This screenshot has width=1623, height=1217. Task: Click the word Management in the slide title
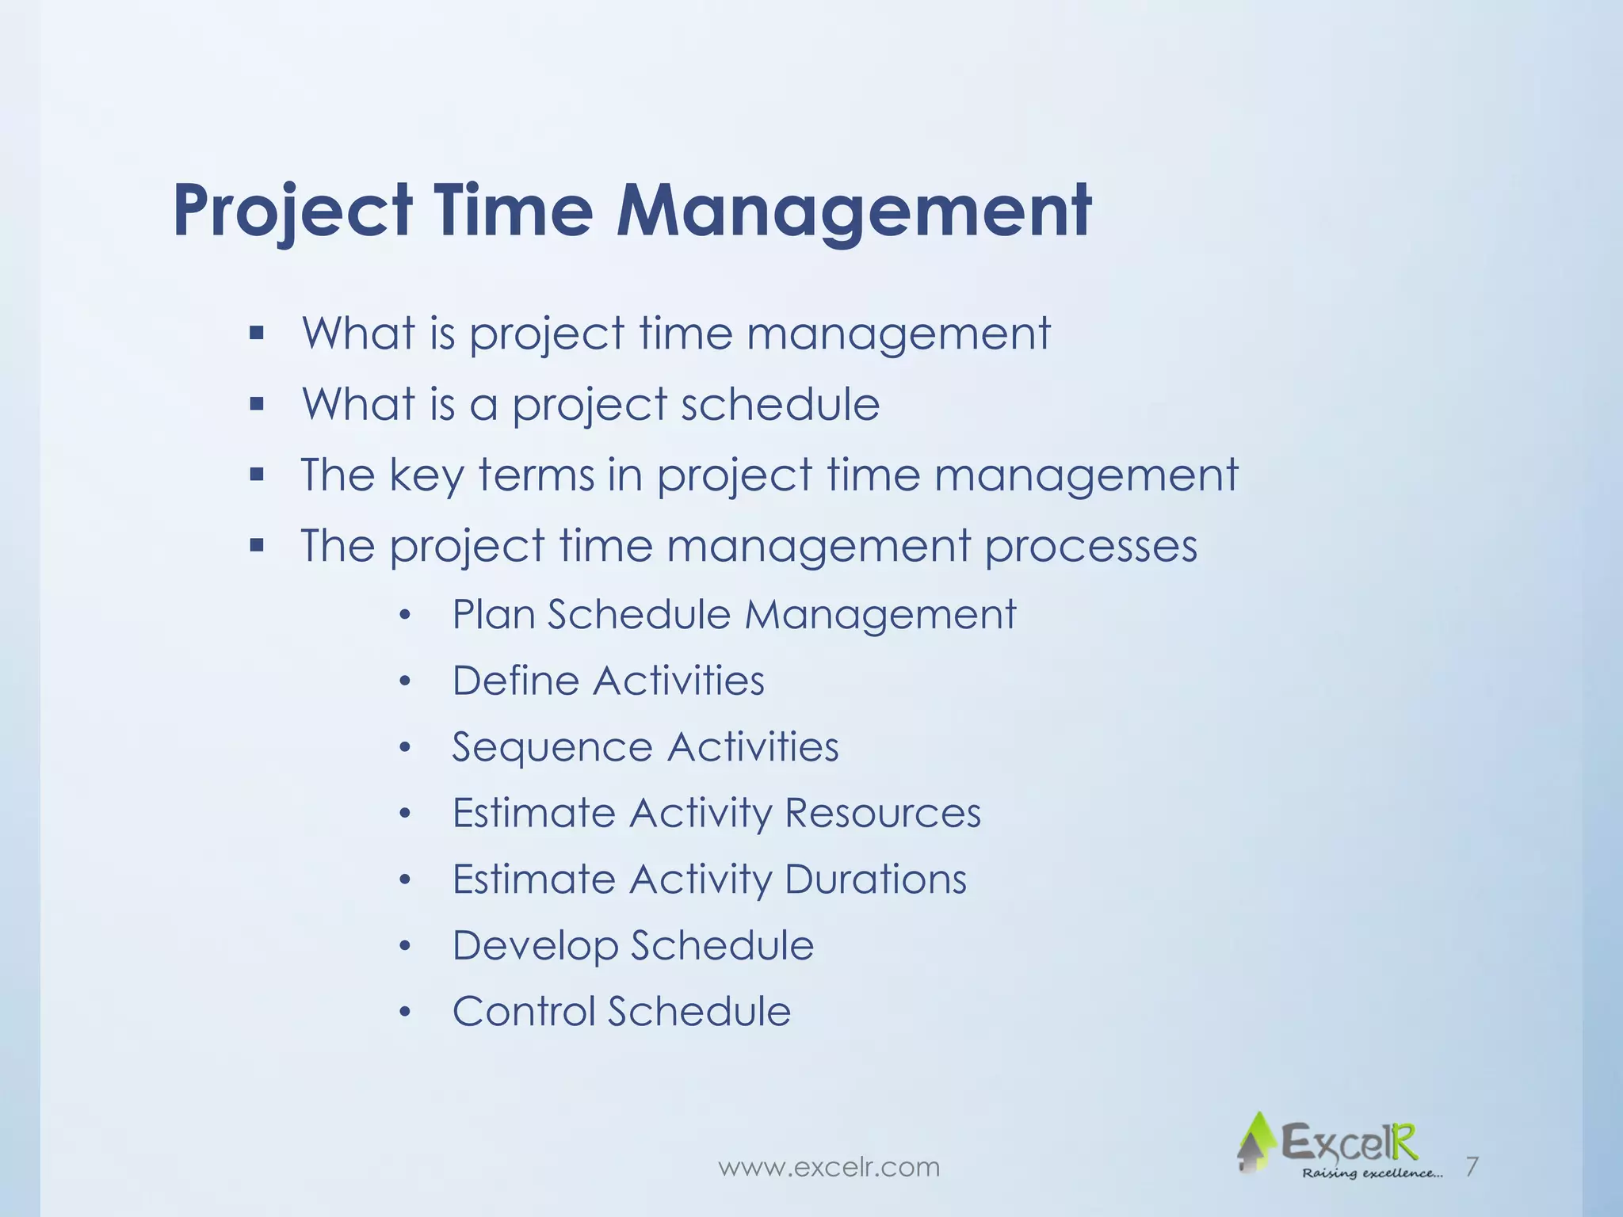click(854, 211)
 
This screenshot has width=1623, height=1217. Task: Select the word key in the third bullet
click(426, 475)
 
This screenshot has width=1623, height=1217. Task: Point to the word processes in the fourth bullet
click(1090, 546)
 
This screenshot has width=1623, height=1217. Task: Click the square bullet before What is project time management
click(256, 333)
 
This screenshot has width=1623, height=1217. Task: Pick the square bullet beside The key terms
click(256, 475)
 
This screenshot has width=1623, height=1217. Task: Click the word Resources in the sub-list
click(883, 813)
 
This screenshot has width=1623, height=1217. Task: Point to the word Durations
click(875, 879)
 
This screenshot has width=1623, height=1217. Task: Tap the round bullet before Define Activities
click(405, 681)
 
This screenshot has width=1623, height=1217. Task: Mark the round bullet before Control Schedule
click(405, 1013)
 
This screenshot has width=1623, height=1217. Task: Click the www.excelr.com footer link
click(828, 1167)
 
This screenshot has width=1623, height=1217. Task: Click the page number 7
click(1472, 1166)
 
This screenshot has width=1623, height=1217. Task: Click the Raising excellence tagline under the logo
click(1372, 1173)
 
